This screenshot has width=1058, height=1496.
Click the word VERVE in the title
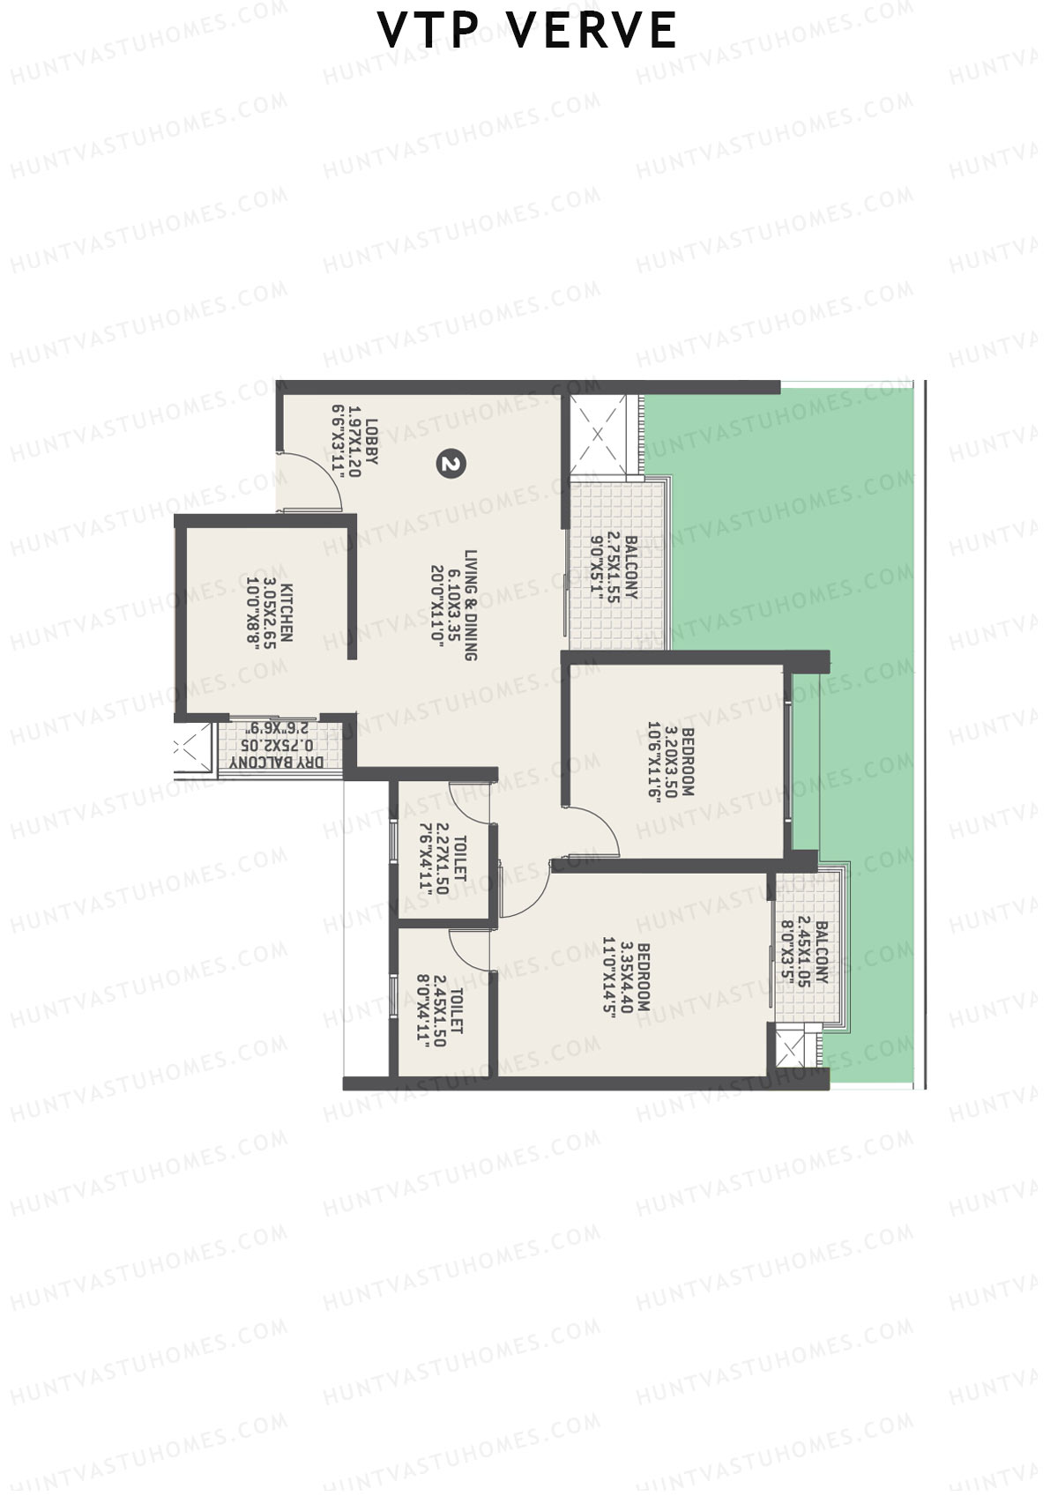click(593, 30)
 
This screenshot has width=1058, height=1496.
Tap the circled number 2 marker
click(451, 464)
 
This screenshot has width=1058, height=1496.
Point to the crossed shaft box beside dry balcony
click(188, 748)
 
